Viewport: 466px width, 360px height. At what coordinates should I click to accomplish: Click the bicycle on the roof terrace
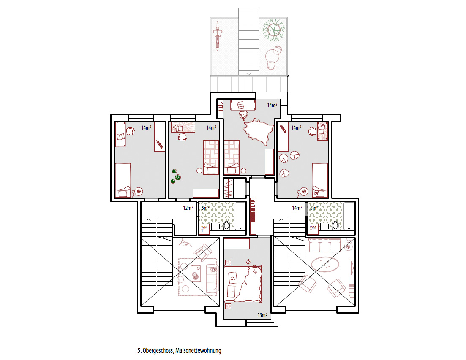pyautogui.click(x=218, y=35)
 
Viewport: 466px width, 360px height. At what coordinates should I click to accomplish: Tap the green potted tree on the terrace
pyautogui.click(x=274, y=30)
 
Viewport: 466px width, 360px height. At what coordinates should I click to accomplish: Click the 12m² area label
pyautogui.click(x=188, y=208)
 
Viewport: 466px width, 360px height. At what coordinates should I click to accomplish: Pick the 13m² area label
pyautogui.click(x=262, y=315)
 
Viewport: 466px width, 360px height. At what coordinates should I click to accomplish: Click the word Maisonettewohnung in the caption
pyautogui.click(x=198, y=350)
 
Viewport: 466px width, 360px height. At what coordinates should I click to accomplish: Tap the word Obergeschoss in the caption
pyautogui.click(x=158, y=350)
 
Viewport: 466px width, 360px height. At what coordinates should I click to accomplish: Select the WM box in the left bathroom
pyautogui.click(x=204, y=228)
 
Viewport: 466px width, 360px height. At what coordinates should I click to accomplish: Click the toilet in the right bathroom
pyautogui.click(x=335, y=226)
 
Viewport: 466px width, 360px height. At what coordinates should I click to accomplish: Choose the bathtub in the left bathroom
pyautogui.click(x=240, y=216)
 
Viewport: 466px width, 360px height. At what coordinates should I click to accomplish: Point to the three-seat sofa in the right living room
pyautogui.click(x=324, y=246)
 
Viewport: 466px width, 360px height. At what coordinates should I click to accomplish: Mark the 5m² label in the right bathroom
pyautogui.click(x=313, y=208)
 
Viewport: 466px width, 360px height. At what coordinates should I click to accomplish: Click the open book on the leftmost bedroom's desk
pyautogui.click(x=120, y=137)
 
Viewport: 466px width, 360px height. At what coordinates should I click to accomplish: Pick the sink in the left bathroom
pyautogui.click(x=216, y=227)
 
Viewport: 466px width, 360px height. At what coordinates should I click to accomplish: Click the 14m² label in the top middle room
pyautogui.click(x=272, y=105)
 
